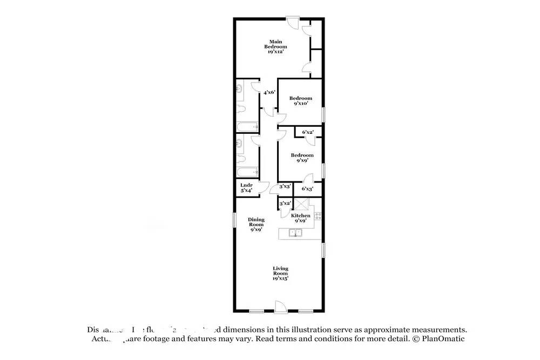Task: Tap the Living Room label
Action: coord(280,273)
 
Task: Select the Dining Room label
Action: coord(256,224)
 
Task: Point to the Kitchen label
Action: coord(300,218)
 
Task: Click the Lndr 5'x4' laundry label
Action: coord(246,187)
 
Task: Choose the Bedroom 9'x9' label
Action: coord(302,158)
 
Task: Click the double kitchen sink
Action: coord(295,233)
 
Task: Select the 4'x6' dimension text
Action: coord(269,92)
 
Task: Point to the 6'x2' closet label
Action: coord(308,132)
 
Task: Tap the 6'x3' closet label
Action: coord(308,189)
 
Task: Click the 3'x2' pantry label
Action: coord(285,203)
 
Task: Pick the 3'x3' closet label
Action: coord(285,186)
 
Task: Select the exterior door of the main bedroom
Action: coord(292,23)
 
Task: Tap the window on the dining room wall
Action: coord(234,220)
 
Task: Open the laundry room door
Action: coord(263,188)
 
